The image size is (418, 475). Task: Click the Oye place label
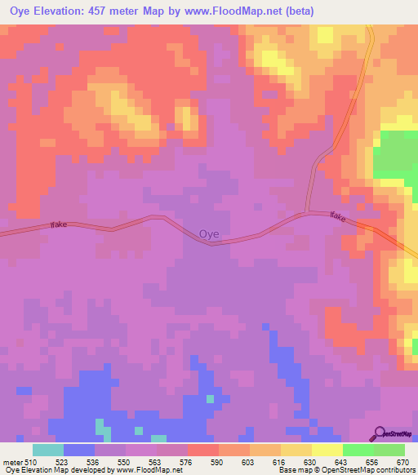point(209,233)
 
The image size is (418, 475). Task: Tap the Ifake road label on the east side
point(339,216)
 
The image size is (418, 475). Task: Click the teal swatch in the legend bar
point(48,450)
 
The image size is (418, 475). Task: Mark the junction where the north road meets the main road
point(307,213)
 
